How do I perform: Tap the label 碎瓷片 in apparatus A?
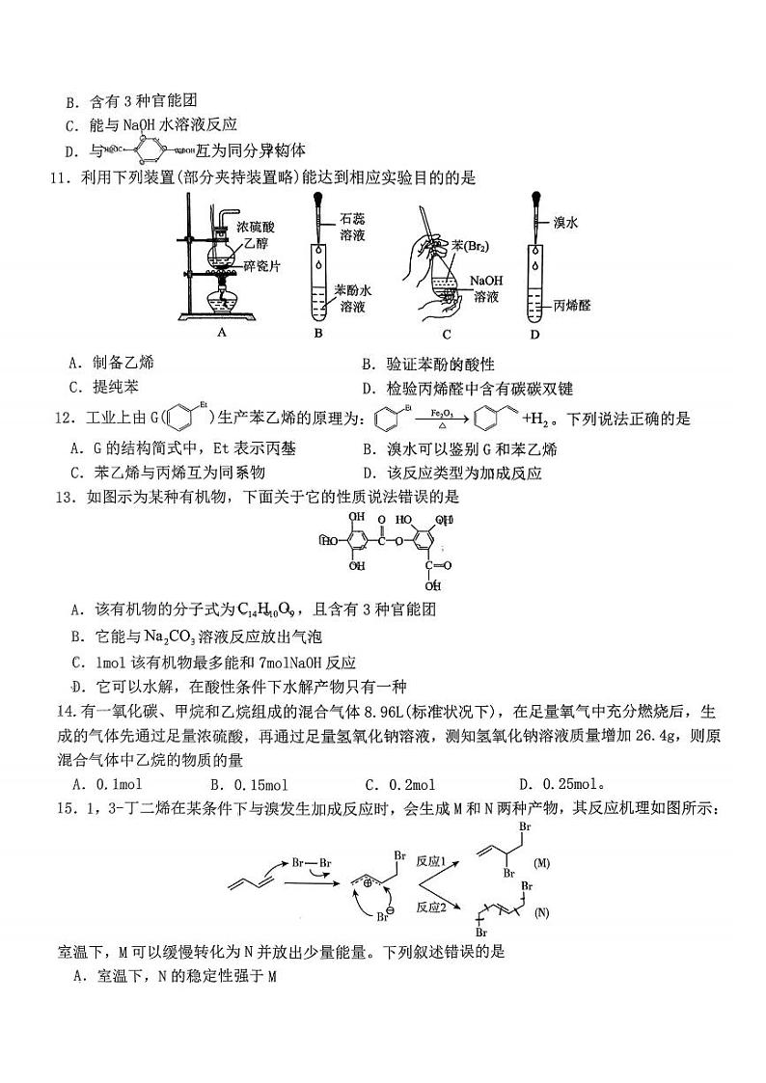tap(260, 267)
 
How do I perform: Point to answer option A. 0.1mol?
tap(108, 784)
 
